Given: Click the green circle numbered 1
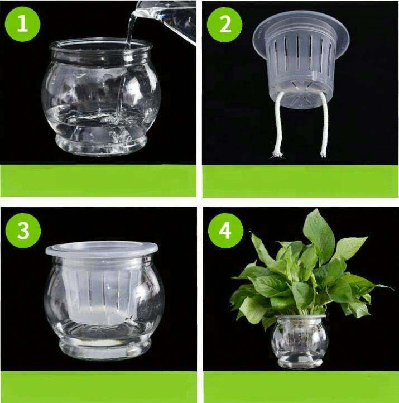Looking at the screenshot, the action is (23, 24).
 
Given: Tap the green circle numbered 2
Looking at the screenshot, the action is (224, 25).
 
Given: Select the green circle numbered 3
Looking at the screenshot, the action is (23, 231).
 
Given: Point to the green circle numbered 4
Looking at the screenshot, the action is (225, 231).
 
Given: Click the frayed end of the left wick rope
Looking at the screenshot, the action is (277, 155).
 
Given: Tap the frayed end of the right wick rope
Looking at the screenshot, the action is (323, 154).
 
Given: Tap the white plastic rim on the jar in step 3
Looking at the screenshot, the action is (102, 248).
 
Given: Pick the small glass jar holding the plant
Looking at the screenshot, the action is (300, 342).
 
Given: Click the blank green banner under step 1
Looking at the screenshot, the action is (98, 181).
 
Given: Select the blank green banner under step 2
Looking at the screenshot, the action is (301, 181).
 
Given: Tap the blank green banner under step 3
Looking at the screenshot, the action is (98, 387).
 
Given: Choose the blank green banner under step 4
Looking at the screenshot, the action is (301, 387).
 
